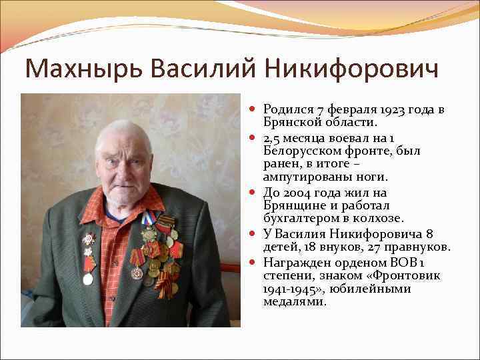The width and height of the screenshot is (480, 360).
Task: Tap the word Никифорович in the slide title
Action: pyautogui.click(x=349, y=69)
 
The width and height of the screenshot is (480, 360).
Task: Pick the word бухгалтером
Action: pyautogui.click(x=298, y=219)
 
